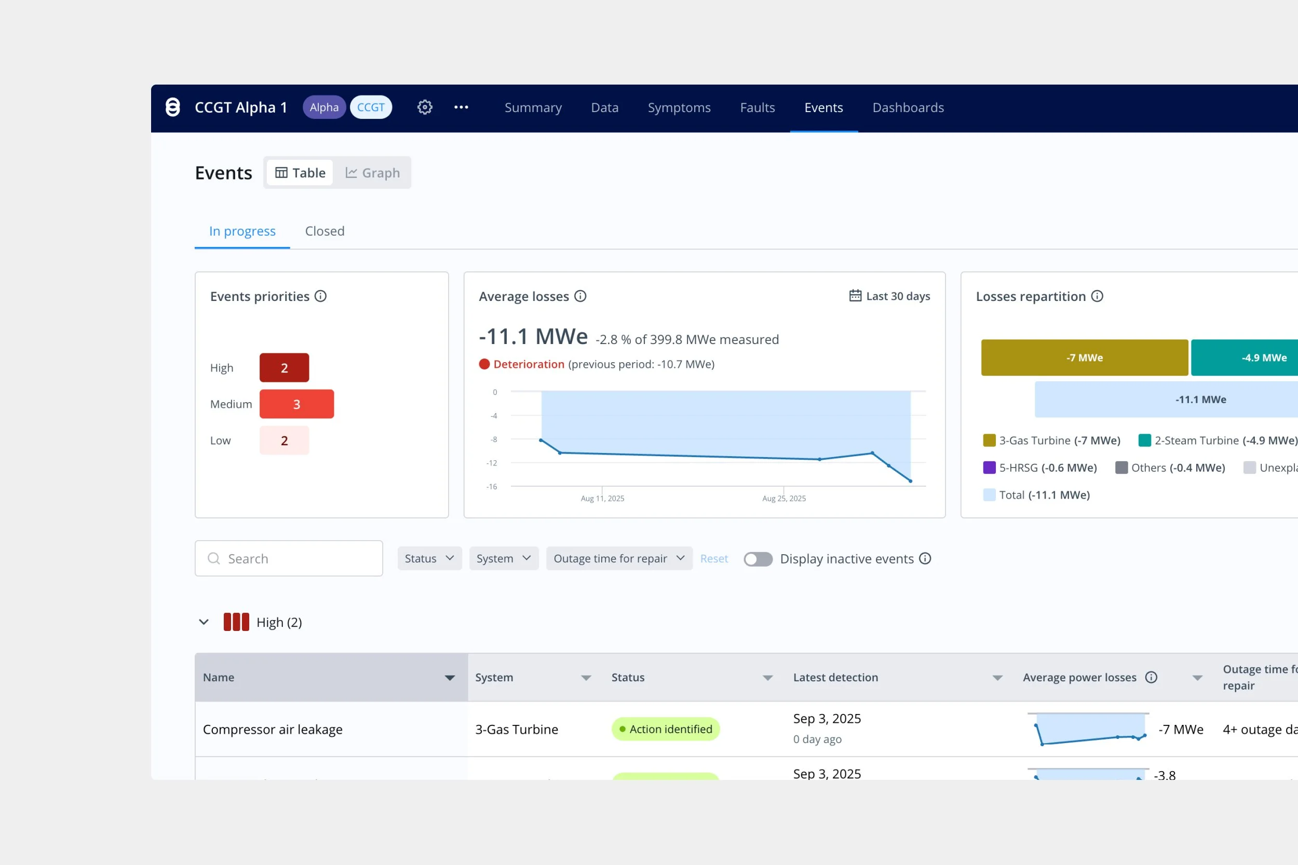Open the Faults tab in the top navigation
pos(757,107)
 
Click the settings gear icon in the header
pos(424,107)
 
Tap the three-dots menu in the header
pos(461,107)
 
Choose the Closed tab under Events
pos(324,231)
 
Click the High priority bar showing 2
pos(284,368)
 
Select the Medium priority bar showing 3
pos(296,404)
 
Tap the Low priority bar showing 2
pos(284,441)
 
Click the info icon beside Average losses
pos(580,296)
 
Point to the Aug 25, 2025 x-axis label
pos(783,499)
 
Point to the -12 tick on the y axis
pos(492,463)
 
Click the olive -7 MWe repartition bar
pos(1084,358)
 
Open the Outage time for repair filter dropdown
pos(619,559)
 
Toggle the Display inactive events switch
pos(758,559)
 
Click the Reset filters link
pos(713,559)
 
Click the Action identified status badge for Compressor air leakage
pos(665,729)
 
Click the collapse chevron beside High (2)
pos(204,622)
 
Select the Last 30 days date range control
pos(889,296)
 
